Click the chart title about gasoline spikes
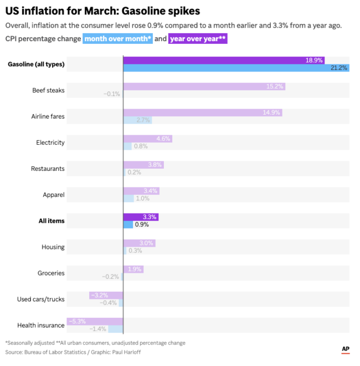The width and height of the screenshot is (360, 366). pyautogui.click(x=102, y=11)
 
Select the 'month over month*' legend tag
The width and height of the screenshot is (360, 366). pyautogui.click(x=117, y=39)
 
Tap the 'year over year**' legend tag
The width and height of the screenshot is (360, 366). pyautogui.click(x=198, y=39)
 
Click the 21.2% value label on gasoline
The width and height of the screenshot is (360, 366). pyautogui.click(x=338, y=68)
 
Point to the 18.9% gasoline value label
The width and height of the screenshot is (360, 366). pyautogui.click(x=314, y=60)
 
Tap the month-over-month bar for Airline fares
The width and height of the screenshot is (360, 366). pyautogui.click(x=137, y=120)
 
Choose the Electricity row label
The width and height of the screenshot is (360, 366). pyautogui.click(x=50, y=143)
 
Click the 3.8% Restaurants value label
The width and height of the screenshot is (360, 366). pyautogui.click(x=155, y=165)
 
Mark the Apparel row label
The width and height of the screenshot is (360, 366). pyautogui.click(x=54, y=195)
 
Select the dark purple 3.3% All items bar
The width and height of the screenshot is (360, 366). pyautogui.click(x=141, y=217)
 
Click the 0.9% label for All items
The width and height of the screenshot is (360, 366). pyautogui.click(x=142, y=225)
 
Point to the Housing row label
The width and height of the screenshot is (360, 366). pyautogui.click(x=53, y=247)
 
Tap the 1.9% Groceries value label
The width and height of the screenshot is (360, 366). pyautogui.click(x=135, y=269)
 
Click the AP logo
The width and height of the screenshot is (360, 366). pyautogui.click(x=345, y=349)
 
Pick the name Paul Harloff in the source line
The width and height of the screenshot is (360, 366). pyautogui.click(x=123, y=352)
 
